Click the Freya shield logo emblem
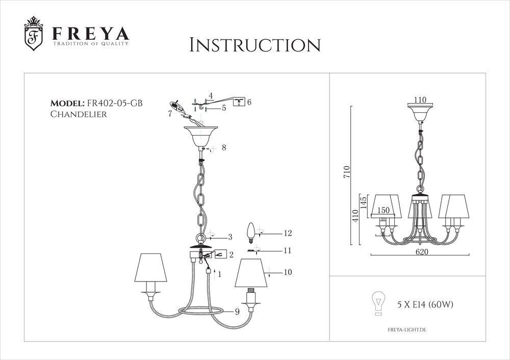pos(34,36)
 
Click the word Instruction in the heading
pos(254,44)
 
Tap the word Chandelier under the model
pos(78,114)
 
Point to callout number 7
pos(169,113)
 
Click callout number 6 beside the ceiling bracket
pos(249,102)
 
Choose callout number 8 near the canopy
pos(223,148)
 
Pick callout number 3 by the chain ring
pos(230,237)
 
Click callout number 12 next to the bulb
pos(288,234)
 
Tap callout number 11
pos(287,251)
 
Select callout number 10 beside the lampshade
pos(288,272)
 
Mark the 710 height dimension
pos(347,172)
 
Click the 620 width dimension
pos(421,252)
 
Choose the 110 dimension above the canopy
pos(420,100)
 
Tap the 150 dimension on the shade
pos(384,210)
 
